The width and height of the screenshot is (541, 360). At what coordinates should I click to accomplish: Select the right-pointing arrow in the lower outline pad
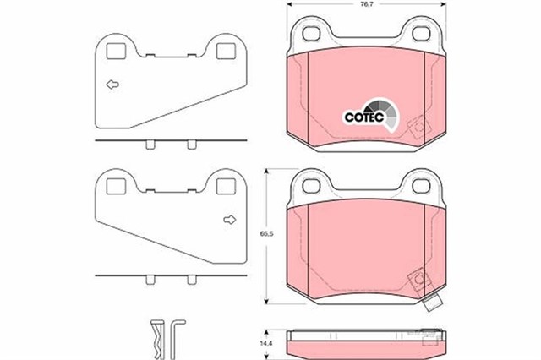[x=227, y=221]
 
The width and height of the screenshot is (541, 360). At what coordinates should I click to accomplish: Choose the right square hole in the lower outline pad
[x=224, y=186]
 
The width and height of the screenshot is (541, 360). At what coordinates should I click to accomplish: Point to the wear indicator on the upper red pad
[x=416, y=128]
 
